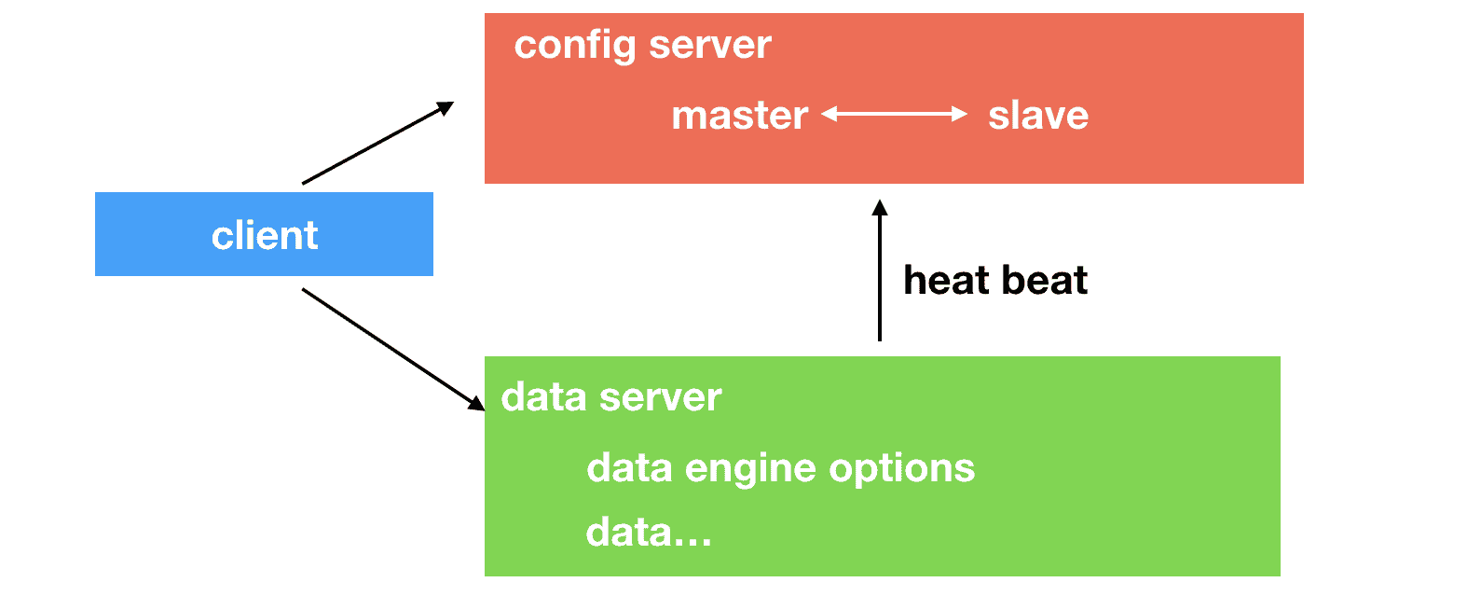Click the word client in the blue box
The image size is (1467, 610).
265,235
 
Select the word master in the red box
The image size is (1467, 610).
739,116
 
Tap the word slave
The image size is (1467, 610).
1037,116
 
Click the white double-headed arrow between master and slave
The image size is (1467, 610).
894,114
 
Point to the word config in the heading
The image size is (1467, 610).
574,46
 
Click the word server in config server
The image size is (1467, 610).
710,45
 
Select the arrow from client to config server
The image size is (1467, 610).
377,144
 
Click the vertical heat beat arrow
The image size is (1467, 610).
879,275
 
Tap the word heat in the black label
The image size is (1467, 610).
945,280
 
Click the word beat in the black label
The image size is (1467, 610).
1045,280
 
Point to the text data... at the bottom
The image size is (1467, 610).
648,533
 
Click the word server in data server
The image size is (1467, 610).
661,397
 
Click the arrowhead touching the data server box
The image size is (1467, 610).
476,402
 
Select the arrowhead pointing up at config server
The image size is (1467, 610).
879,208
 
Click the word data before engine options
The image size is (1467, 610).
629,468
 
